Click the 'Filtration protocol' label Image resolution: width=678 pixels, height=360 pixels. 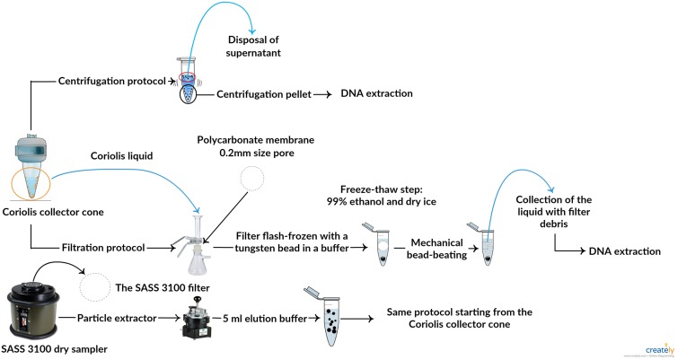point(87,242)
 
